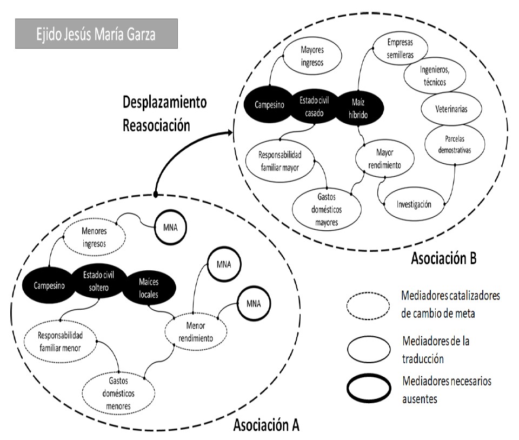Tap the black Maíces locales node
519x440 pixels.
pos(149,285)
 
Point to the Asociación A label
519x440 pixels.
pos(266,424)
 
